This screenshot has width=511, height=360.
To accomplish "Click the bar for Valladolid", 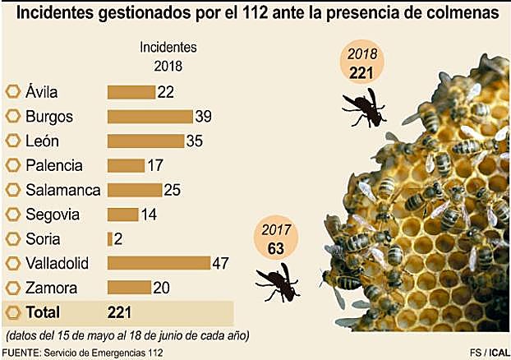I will pos(158,263).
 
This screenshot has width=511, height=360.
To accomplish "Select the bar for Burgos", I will pos(149,116).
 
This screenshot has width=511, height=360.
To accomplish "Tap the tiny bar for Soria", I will pos(109,239).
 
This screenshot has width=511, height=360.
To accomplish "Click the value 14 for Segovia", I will pos(150,215).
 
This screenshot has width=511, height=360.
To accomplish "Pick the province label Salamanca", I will pos(62,190).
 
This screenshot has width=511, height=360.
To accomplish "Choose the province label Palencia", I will pos(54,165).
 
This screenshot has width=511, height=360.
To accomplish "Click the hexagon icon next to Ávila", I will pos(13,92).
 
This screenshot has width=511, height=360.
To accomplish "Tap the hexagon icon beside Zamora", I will pos(13,288).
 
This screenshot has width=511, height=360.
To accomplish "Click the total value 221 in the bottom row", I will pos(120,312).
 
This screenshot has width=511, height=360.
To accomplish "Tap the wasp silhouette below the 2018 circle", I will pos(364,107).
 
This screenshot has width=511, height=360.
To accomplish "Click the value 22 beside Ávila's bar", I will pos(166,92).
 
